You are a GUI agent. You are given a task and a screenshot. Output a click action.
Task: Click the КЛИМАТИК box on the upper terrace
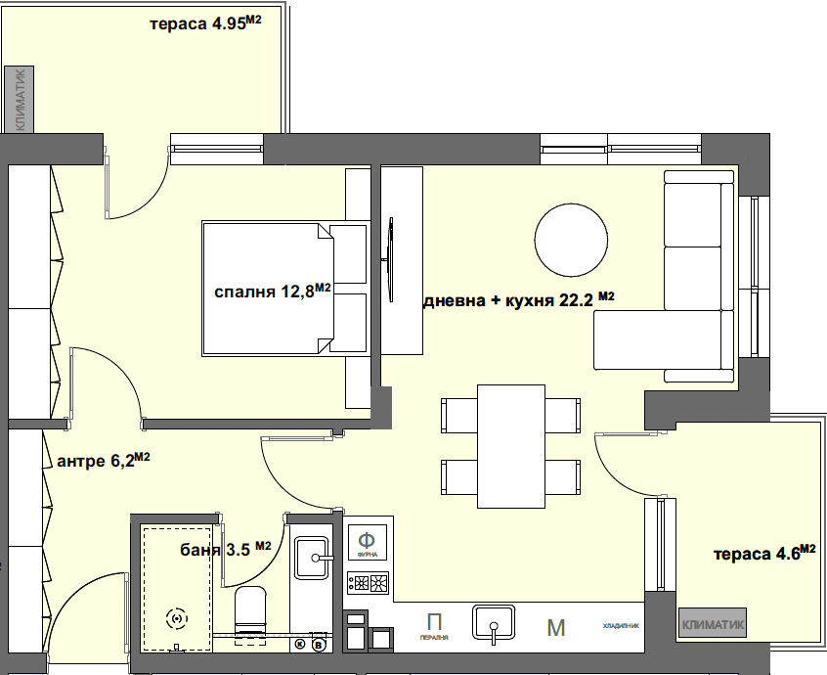19,99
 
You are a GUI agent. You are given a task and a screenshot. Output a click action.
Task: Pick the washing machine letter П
435,622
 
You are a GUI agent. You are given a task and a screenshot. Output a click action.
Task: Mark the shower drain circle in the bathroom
177,617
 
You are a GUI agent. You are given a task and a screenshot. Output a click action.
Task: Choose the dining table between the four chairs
510,445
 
